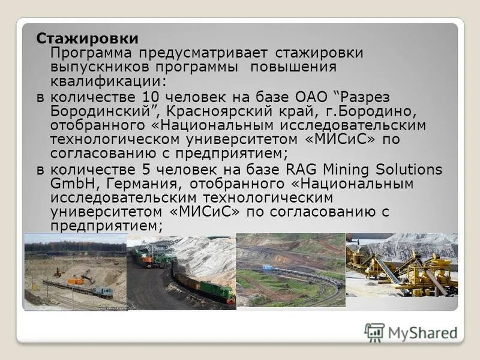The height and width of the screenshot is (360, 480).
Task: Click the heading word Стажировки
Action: (x=88, y=38)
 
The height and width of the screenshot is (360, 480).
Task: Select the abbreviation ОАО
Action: (x=312, y=97)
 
